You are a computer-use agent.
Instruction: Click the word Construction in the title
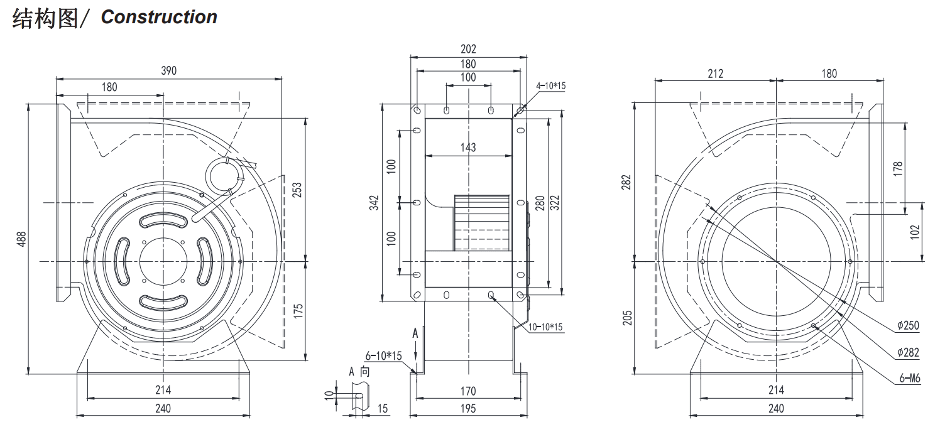(159, 17)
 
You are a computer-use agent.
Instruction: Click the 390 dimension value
(168, 70)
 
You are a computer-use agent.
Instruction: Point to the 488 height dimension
(21, 239)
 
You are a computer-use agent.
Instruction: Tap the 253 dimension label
(297, 190)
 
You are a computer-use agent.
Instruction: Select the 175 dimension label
(298, 311)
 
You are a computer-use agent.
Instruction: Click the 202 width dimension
(468, 49)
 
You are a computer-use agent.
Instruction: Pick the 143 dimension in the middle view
(468, 147)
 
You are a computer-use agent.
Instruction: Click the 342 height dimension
(374, 203)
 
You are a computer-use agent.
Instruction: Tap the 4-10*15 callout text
(550, 86)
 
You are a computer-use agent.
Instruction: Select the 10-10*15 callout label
(545, 327)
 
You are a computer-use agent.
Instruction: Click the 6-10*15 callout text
(383, 355)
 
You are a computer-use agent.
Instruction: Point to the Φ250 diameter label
(908, 325)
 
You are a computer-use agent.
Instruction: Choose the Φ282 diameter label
(908, 352)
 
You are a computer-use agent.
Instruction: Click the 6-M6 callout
(910, 379)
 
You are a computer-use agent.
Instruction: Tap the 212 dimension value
(716, 74)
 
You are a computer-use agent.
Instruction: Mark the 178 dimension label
(898, 169)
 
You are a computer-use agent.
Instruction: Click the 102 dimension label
(915, 232)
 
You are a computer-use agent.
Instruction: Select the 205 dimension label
(627, 318)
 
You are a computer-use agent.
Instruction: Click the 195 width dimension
(468, 408)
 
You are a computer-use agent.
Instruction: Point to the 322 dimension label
(554, 203)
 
